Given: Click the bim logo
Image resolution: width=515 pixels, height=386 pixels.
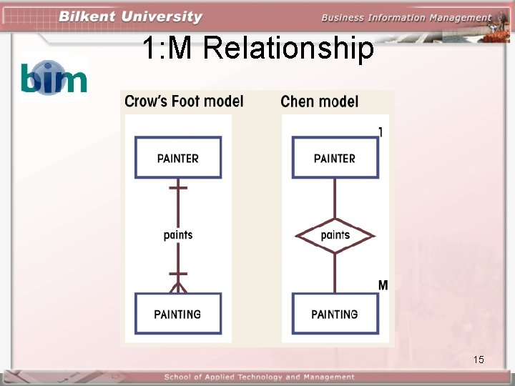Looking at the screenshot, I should click(x=54, y=77).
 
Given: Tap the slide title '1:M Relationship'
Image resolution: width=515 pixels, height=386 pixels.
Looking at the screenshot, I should click(x=257, y=49).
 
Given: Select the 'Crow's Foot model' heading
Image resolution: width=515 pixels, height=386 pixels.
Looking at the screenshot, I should click(x=184, y=102).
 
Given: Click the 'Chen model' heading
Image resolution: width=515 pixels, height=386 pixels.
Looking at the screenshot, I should click(x=319, y=102).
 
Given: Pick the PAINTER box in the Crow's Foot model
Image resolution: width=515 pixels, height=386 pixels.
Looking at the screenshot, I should click(x=178, y=158).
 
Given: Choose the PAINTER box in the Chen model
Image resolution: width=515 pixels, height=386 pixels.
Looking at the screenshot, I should click(x=335, y=158).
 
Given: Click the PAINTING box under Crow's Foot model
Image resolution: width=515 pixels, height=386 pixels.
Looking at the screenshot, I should click(x=178, y=314).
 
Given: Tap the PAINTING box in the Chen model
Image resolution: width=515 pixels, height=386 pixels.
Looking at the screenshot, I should click(x=335, y=314).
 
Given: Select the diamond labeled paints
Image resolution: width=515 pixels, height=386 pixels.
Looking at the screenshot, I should click(x=335, y=235).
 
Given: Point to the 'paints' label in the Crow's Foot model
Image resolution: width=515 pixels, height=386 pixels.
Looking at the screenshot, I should click(x=178, y=235).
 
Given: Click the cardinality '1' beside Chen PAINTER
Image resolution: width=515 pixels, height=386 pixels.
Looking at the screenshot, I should click(x=381, y=132).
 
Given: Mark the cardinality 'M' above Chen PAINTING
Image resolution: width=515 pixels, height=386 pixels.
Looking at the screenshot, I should click(x=383, y=285).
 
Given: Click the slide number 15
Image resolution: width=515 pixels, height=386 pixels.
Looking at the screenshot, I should click(x=479, y=360).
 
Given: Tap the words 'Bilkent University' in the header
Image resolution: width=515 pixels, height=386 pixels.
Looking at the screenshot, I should click(x=131, y=16).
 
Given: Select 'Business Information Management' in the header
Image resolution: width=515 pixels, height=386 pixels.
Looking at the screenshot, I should click(x=406, y=18).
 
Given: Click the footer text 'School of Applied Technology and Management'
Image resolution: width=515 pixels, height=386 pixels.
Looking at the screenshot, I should click(x=259, y=377).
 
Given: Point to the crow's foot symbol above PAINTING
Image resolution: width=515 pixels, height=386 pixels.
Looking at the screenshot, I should click(x=178, y=287).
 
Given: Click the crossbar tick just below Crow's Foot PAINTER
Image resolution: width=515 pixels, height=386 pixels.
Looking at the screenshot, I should click(x=178, y=187).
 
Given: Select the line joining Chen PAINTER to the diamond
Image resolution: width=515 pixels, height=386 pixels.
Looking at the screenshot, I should click(x=335, y=198).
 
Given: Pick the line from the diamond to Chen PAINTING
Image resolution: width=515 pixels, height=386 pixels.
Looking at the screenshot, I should click(x=335, y=272).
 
